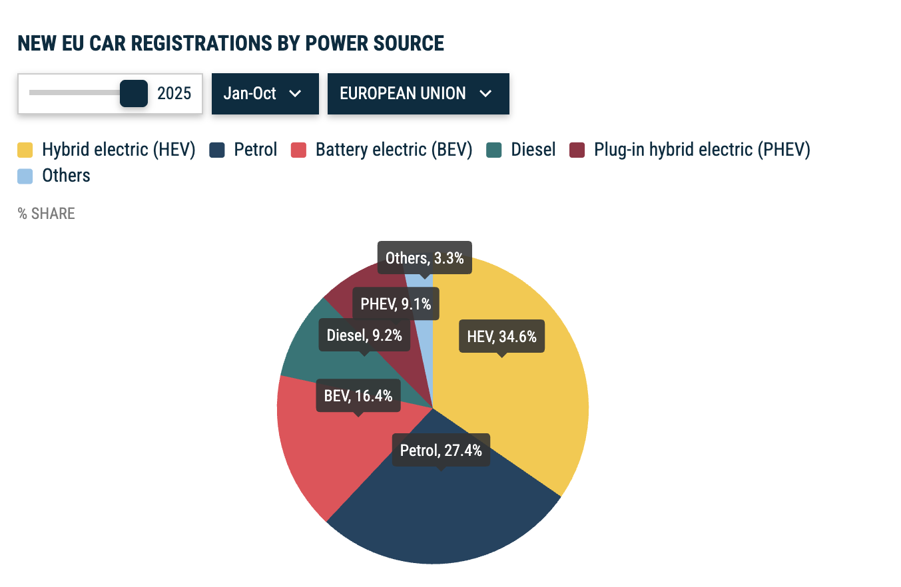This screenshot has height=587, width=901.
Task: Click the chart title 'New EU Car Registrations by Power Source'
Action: pyautogui.click(x=230, y=43)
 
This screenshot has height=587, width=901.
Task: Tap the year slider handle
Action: pyautogui.click(x=133, y=93)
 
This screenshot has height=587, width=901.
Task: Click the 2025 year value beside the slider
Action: pyautogui.click(x=174, y=93)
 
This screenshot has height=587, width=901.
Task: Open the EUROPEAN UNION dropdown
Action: pyautogui.click(x=418, y=93)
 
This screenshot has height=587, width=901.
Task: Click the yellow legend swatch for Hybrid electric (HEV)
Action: pyautogui.click(x=25, y=150)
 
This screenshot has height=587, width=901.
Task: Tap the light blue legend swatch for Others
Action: pyautogui.click(x=25, y=176)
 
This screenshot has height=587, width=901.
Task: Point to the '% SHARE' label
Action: pyautogui.click(x=47, y=214)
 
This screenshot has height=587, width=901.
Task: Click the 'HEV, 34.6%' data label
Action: pyautogui.click(x=501, y=337)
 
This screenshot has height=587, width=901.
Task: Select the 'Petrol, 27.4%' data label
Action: pyautogui.click(x=441, y=451)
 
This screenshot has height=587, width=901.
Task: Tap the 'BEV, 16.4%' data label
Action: pyautogui.click(x=358, y=396)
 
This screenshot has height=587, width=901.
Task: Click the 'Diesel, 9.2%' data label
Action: pyautogui.click(x=364, y=335)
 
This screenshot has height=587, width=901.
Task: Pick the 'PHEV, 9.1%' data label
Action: pyautogui.click(x=396, y=304)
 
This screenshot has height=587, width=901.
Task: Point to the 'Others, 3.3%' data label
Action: pyautogui.click(x=424, y=258)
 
